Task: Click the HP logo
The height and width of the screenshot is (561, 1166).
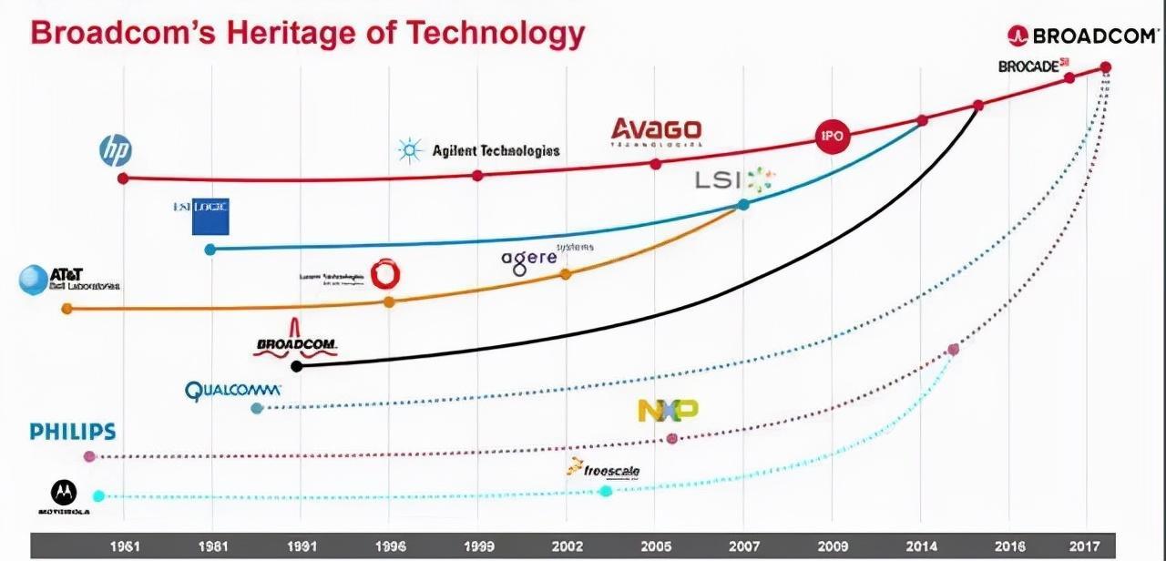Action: tap(116, 150)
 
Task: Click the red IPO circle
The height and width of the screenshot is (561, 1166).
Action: tap(832, 137)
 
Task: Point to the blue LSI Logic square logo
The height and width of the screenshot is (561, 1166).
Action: tap(210, 216)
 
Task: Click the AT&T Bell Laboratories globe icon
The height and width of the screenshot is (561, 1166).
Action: tap(34, 280)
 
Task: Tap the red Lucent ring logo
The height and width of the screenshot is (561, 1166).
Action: tap(386, 274)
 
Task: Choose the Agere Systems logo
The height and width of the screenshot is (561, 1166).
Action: tap(530, 259)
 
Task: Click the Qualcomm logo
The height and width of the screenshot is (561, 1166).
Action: tap(233, 391)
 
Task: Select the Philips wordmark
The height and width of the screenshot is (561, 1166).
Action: tap(73, 432)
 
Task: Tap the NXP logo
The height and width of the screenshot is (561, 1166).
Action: tap(668, 410)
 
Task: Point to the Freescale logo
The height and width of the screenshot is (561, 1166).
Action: tap(603, 470)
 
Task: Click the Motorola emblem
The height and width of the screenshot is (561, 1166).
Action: tap(63, 493)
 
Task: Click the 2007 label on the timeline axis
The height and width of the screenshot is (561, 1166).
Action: tap(744, 546)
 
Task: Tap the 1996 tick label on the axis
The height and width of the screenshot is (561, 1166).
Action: tap(391, 546)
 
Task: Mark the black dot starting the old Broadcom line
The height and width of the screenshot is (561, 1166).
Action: tap(296, 366)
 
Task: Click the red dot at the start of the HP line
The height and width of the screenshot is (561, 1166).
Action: tap(123, 178)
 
